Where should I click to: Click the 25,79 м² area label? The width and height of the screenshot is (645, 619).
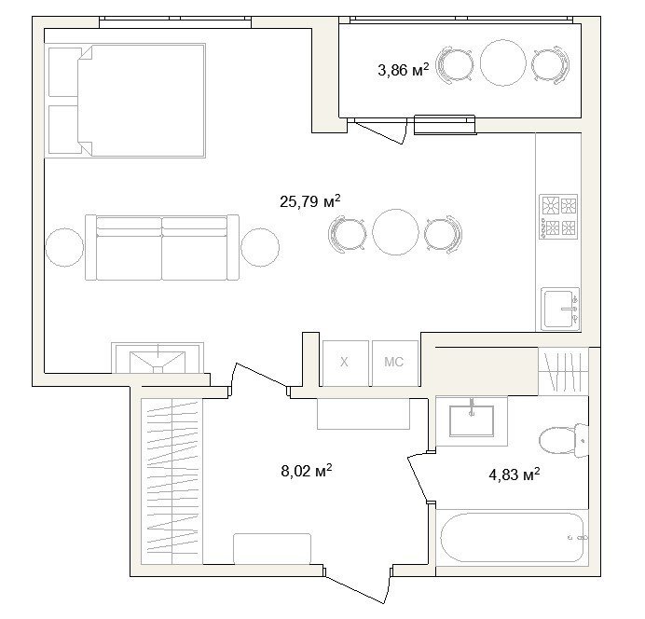pos(310,201)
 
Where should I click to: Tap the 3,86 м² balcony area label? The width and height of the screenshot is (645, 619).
pos(403,70)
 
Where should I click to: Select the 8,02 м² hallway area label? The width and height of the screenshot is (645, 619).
pos(307,471)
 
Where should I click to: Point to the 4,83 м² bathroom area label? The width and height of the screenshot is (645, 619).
pos(515,475)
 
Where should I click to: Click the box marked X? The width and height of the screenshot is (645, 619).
pos(345,364)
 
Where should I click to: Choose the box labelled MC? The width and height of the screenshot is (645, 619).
pos(394,364)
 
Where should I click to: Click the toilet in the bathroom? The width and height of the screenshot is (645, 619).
pos(564,441)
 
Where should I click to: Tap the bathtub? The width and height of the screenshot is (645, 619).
pos(513,537)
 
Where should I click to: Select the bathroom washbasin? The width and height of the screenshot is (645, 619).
pos(472,420)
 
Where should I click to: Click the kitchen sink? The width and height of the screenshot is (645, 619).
pos(560,309)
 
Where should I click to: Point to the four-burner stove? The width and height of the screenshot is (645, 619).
pos(558,217)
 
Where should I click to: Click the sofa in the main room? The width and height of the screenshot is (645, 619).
pos(162,248)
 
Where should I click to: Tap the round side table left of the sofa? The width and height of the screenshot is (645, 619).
pos(64,248)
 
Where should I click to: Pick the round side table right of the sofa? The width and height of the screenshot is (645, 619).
pos(260,248)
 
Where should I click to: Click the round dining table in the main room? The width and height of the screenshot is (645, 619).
pos(395,232)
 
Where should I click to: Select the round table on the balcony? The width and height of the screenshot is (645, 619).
pos(503,62)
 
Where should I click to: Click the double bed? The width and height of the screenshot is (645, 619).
pos(127,101)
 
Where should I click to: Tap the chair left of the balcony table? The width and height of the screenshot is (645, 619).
pos(454,65)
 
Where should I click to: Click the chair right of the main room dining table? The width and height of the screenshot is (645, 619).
pos(444,234)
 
